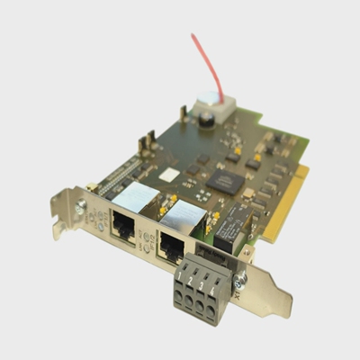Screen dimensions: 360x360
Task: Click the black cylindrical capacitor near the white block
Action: (205, 117)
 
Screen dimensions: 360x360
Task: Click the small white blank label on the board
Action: (169, 174)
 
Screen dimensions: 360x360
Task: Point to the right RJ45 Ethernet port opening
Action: (171, 244)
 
